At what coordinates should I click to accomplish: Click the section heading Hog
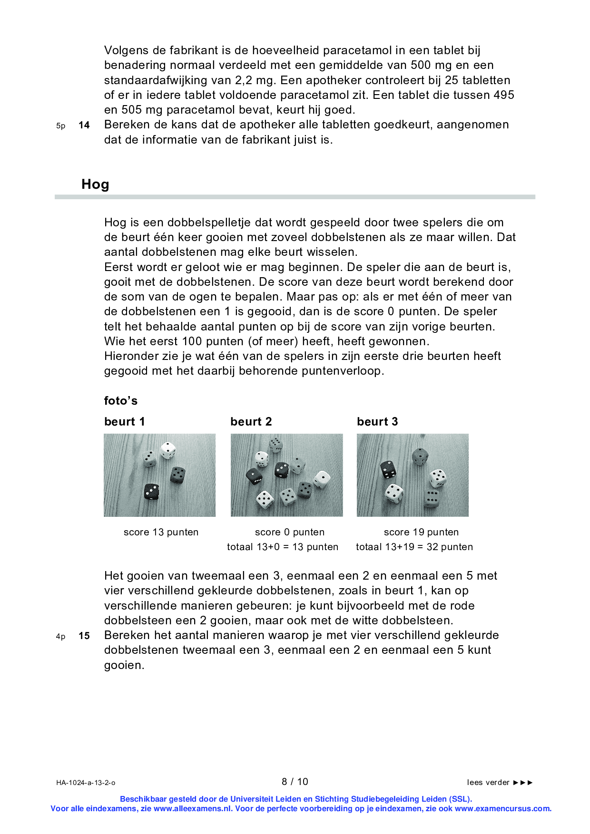[x=95, y=184]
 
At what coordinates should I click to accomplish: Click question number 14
[x=84, y=125]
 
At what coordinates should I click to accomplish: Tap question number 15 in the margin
[x=84, y=636]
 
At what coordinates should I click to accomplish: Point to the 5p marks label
[x=61, y=126]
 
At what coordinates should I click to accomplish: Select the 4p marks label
[x=61, y=637]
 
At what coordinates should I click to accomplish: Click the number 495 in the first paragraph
[x=503, y=95]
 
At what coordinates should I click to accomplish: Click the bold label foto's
[x=121, y=401]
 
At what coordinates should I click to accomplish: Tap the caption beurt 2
[x=251, y=422]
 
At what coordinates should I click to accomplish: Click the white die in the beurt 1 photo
[x=168, y=450]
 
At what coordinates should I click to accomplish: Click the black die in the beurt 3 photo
[x=388, y=469]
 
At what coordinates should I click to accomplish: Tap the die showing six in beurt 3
[x=432, y=498]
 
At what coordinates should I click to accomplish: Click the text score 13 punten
[x=161, y=532]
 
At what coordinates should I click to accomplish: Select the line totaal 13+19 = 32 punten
[x=414, y=547]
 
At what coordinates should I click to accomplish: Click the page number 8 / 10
[x=295, y=782]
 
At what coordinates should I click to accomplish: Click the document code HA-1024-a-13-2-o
[x=86, y=783]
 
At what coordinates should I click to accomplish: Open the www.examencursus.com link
[x=502, y=808]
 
